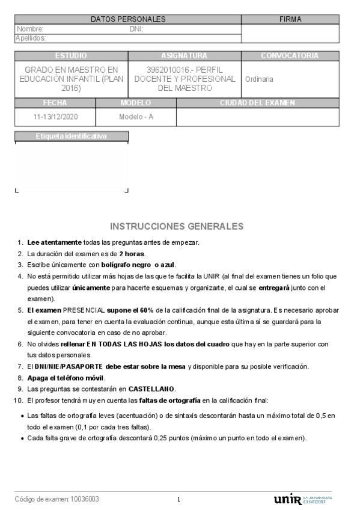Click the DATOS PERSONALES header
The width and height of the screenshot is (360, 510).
click(128, 19)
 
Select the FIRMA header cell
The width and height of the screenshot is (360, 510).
click(290, 19)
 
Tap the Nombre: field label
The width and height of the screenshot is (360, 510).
click(30, 29)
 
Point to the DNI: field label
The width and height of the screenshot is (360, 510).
click(136, 29)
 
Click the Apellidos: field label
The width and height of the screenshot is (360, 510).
click(31, 38)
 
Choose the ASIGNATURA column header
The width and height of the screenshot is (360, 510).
click(185, 56)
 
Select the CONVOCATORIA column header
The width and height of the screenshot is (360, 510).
click(290, 56)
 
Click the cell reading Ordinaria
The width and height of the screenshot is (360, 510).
click(259, 79)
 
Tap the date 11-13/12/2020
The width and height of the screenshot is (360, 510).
click(55, 117)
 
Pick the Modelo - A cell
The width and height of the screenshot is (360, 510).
click(136, 117)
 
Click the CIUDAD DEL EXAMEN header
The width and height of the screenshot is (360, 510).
click(257, 103)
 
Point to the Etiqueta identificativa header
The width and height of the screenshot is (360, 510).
click(71, 137)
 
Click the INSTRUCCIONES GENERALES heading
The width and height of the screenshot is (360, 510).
click(177, 227)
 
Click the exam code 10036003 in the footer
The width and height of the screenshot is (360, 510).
click(85, 499)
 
